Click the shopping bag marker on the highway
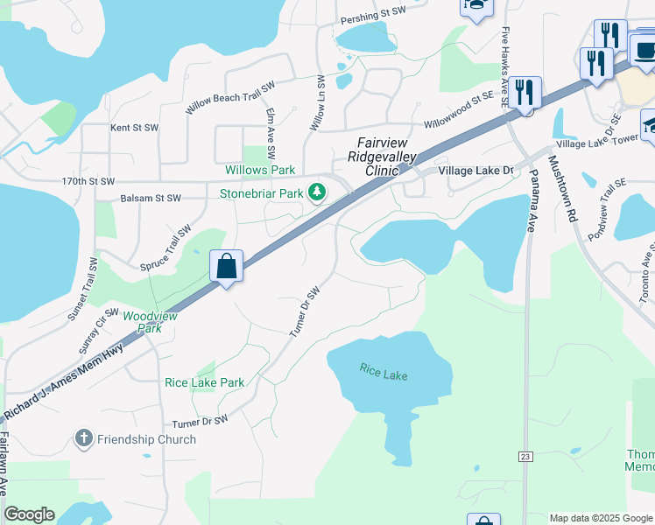(x=227, y=266)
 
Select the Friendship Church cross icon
(x=84, y=438)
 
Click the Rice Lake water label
(x=384, y=371)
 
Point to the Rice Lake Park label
(x=205, y=382)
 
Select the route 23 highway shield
(x=525, y=456)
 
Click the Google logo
(x=29, y=514)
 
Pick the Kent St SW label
(x=134, y=128)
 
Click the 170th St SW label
(x=88, y=181)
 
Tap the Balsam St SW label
(x=150, y=199)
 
